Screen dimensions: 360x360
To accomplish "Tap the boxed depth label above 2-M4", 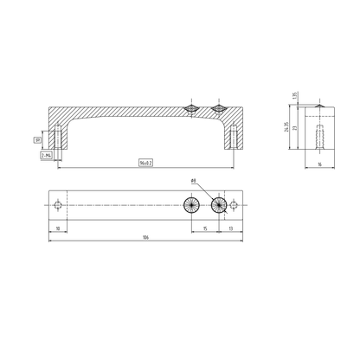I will (x=38, y=138).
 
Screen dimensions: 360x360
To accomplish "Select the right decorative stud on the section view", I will (x=220, y=109).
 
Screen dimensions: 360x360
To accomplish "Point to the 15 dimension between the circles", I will (x=205, y=228).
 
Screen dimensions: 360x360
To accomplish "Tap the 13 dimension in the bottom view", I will (x=229, y=228).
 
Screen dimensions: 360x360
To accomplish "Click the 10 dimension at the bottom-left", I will (x=57, y=228).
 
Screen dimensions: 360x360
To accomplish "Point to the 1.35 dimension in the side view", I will (x=294, y=95).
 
